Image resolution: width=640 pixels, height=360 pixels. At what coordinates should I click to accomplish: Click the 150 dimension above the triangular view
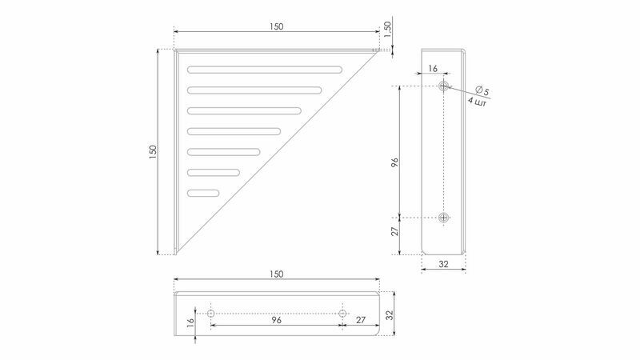276,26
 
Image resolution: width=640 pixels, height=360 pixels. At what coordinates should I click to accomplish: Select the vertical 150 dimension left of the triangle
153,152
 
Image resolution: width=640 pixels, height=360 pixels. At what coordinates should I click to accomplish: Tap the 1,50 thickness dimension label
387,30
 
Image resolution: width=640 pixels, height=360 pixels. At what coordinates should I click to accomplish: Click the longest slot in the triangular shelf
265,70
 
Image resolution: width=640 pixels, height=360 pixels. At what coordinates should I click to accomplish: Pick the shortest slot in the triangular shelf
203,193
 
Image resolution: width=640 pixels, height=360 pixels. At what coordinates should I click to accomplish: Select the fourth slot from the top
234,131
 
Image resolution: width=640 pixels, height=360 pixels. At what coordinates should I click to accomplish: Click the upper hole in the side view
444,86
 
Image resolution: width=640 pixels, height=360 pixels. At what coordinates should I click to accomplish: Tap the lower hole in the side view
444,218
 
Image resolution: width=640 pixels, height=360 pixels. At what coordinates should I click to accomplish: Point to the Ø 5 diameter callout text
482,90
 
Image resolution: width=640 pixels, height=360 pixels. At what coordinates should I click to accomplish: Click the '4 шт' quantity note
477,102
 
